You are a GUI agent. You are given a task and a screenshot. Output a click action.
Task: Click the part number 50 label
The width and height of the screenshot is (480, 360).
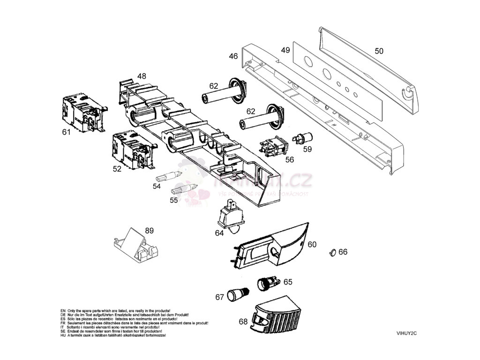tap(379, 51)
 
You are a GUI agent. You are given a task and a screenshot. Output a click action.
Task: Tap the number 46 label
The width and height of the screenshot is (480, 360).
tap(233, 56)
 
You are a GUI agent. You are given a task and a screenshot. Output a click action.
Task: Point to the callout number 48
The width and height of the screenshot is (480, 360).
tap(142, 76)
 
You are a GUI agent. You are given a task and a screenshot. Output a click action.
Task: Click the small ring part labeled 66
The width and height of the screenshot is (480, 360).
tap(333, 253)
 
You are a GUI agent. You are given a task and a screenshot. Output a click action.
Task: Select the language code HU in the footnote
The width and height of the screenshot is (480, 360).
tap(63, 336)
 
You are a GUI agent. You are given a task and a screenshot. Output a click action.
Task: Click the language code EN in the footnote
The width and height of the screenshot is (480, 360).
tap(63, 311)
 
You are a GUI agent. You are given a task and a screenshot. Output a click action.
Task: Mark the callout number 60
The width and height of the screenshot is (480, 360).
tap(312, 244)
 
